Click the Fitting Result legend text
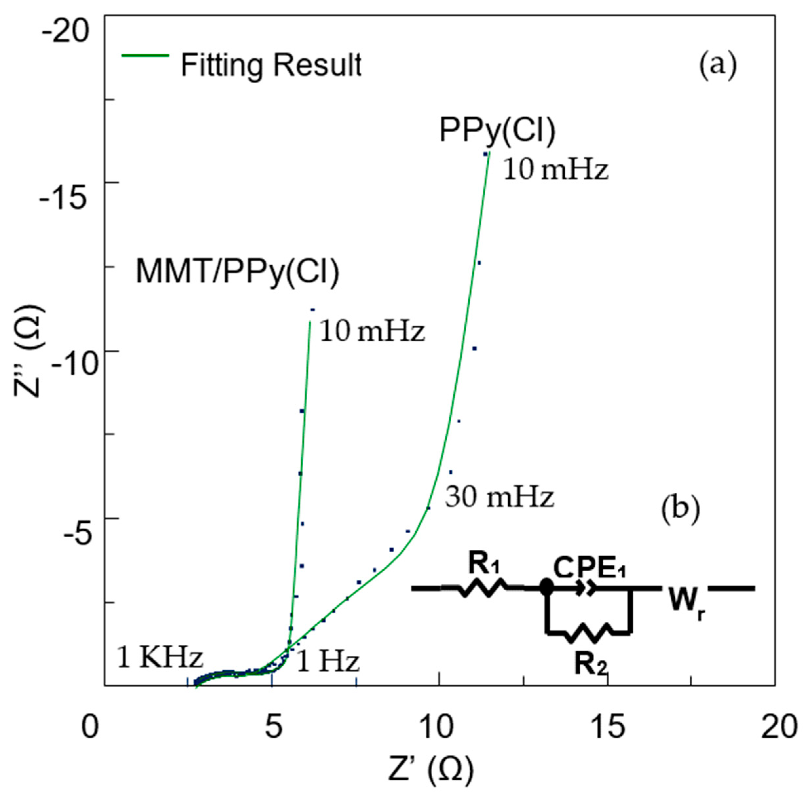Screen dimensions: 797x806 (x=271, y=65)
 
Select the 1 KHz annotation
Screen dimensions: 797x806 (x=160, y=658)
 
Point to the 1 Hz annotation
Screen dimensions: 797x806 (x=328, y=662)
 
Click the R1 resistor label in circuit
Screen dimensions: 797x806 (x=484, y=565)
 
